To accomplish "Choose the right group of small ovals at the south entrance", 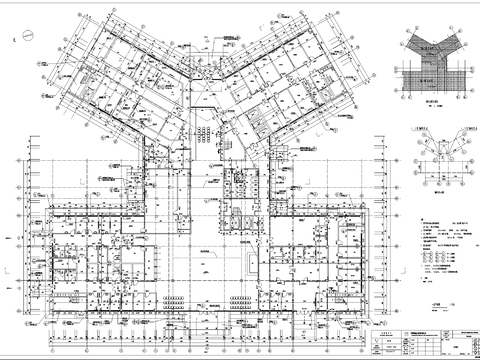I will [x=240, y=297].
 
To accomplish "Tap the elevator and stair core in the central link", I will [x=240, y=200].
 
